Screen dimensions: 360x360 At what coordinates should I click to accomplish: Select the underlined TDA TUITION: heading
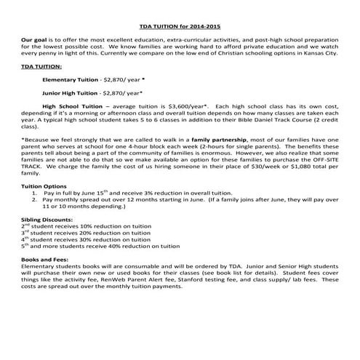click(x=41, y=65)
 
